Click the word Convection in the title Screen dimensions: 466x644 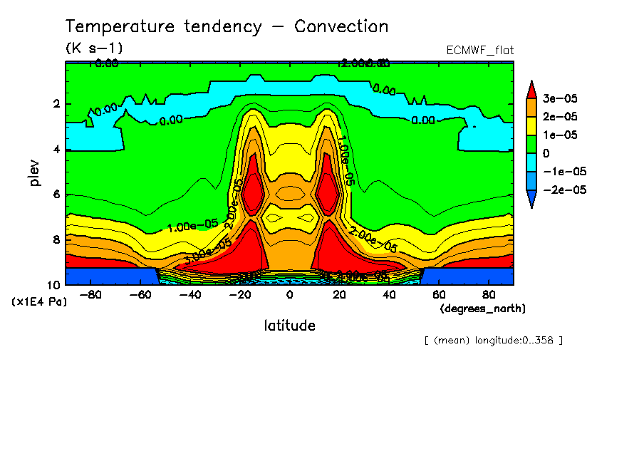click(341, 27)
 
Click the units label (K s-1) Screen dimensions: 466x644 click(94, 48)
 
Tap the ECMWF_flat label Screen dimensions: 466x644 click(479, 51)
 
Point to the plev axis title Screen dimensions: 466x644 click(35, 172)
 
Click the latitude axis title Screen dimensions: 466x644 click(289, 326)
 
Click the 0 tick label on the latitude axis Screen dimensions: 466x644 click(289, 294)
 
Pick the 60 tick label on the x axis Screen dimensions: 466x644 click(439, 294)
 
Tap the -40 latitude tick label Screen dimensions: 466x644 click(187, 294)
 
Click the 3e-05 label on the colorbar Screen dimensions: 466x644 click(560, 98)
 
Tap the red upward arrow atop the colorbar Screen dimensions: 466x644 click(531, 88)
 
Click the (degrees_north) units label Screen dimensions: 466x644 click(483, 309)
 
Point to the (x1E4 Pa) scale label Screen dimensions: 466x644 click(39, 302)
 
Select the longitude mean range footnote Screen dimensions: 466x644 click(493, 340)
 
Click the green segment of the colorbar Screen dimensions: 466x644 click(531, 144)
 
